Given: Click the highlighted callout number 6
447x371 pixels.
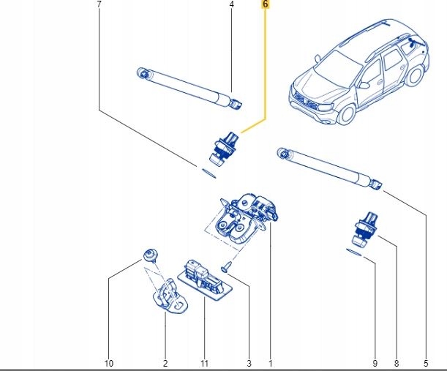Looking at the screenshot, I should (x=265, y=4).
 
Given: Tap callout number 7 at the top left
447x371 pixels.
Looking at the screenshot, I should (x=99, y=4).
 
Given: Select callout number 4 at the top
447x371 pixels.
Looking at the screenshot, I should (x=231, y=4).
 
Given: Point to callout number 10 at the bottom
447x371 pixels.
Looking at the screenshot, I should (x=109, y=363).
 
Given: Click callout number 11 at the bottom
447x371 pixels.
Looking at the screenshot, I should (x=206, y=363).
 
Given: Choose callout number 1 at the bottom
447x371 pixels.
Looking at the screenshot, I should (x=270, y=363).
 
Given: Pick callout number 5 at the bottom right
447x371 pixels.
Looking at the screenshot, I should (x=426, y=363).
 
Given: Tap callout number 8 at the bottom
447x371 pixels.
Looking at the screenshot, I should (x=396, y=363).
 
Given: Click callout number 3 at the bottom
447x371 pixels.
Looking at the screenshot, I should (x=248, y=363).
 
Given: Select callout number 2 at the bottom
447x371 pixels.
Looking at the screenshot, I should (x=165, y=363).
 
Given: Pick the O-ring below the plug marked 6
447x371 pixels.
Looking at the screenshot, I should (x=208, y=172).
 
